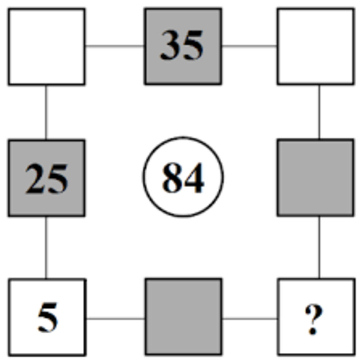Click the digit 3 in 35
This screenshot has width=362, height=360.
point(170,45)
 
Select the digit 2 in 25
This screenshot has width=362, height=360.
point(36,178)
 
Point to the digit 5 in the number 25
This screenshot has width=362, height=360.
point(58,179)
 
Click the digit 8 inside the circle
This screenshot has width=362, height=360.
point(172,177)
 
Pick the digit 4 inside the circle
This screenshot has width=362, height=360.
point(194,177)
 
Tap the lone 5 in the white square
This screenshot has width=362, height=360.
point(48,317)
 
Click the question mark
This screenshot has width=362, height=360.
point(314,319)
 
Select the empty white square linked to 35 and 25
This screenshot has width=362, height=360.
point(47,46)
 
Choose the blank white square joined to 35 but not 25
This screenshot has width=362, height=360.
point(316,46)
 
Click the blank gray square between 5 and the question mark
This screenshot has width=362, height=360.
point(184,317)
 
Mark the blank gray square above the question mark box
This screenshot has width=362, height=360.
point(316,178)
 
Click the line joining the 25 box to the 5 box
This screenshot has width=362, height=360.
point(46,247)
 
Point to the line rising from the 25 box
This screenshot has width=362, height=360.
point(46,112)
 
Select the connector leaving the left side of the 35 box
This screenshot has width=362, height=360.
point(115,46)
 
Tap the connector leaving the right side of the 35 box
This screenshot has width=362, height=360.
point(250,46)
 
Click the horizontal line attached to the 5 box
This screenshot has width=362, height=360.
point(115,319)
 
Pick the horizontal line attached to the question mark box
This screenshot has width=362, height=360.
point(250,319)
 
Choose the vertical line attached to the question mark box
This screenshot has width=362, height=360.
point(319,247)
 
